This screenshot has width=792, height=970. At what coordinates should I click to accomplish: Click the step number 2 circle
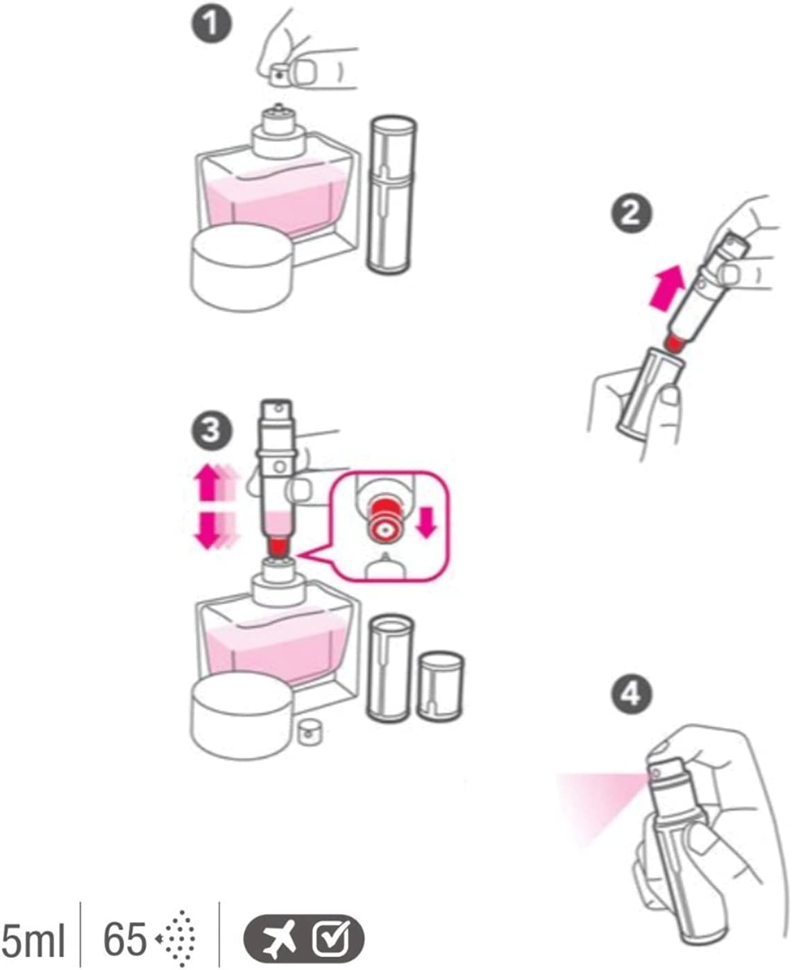(x=631, y=212)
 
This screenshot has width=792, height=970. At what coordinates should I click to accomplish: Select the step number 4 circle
(x=631, y=694)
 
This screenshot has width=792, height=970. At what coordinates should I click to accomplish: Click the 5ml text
(x=33, y=940)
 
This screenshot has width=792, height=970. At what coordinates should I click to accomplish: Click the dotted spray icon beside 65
(x=178, y=939)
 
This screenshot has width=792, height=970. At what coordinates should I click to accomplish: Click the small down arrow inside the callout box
(x=426, y=522)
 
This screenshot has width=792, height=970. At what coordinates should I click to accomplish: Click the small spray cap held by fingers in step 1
(x=281, y=71)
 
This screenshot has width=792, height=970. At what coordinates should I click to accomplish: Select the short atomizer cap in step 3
(x=440, y=686)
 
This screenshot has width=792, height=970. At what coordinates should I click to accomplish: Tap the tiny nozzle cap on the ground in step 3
(x=306, y=733)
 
